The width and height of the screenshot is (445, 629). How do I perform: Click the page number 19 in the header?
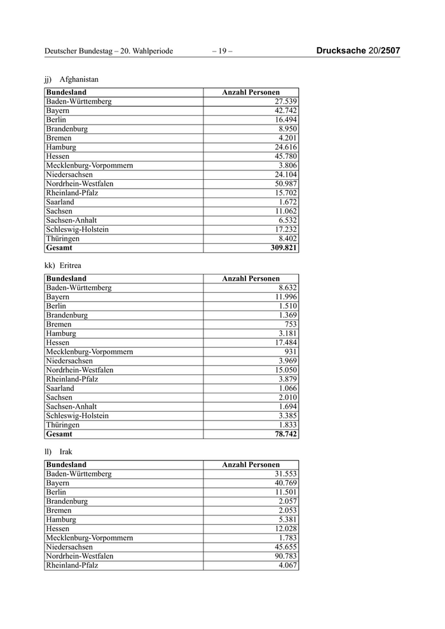(x=222, y=51)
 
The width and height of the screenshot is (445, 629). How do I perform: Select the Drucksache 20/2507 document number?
(x=358, y=51)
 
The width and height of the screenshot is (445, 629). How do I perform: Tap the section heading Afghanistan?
(x=79, y=79)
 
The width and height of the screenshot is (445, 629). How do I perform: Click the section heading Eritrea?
(x=72, y=266)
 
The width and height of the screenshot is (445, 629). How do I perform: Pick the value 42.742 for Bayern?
(x=285, y=111)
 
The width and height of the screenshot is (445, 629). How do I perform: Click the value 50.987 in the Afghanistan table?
(x=285, y=184)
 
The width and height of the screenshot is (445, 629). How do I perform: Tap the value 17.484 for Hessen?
(x=285, y=342)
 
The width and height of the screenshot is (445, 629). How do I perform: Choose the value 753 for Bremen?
(x=290, y=324)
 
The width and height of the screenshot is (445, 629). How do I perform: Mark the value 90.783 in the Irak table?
(x=285, y=556)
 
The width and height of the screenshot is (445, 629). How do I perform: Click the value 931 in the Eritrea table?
(x=290, y=351)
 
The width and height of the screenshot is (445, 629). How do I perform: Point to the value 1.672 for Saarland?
(x=287, y=202)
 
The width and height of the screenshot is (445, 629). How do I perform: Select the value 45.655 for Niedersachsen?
(x=285, y=546)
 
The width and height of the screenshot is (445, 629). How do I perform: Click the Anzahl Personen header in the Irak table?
(x=250, y=464)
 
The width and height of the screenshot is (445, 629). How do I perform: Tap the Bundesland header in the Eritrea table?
(x=66, y=278)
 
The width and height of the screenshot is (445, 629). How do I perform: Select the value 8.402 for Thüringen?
(x=287, y=238)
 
